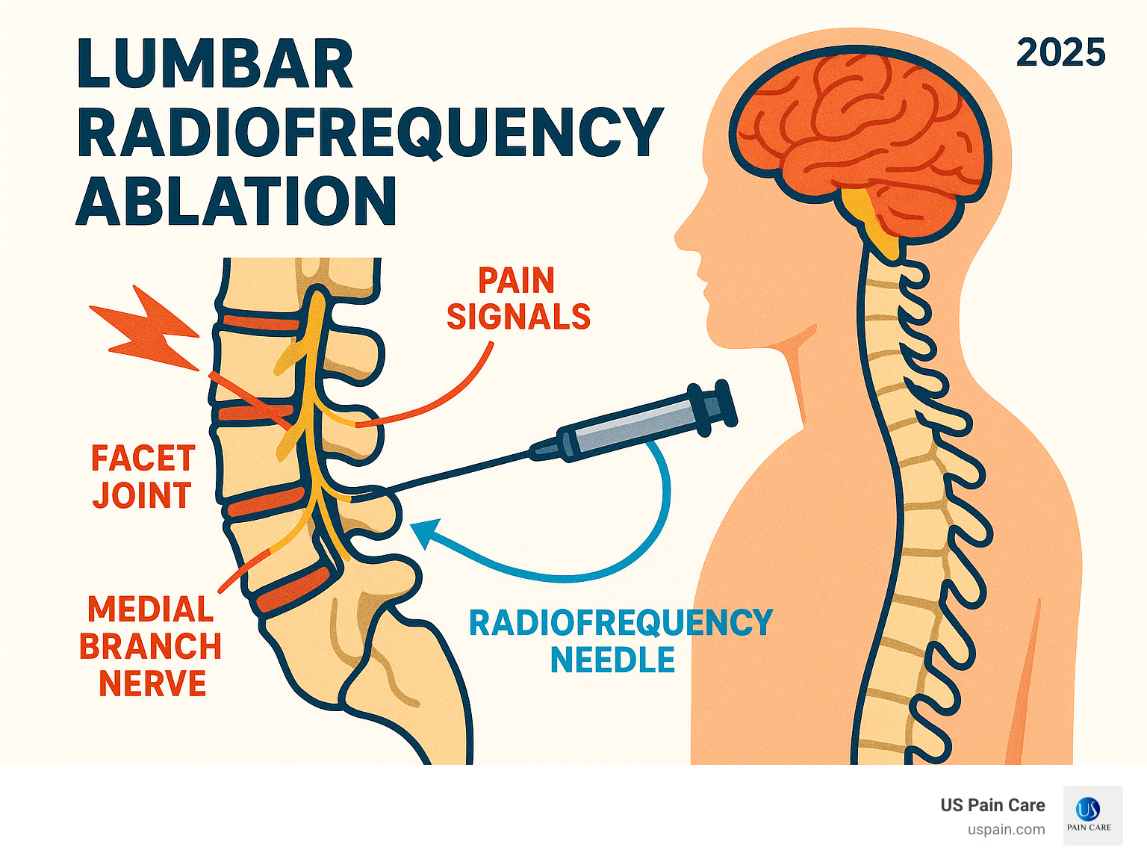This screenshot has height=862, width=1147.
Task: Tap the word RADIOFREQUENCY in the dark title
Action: point(370,133)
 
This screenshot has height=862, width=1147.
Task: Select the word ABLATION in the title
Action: point(236,202)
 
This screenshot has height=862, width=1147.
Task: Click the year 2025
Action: point(1060,53)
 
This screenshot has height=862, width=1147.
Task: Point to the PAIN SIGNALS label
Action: point(518,299)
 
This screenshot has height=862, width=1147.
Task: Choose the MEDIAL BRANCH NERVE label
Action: point(151,646)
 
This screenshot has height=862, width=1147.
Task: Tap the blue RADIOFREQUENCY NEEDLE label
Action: point(620,641)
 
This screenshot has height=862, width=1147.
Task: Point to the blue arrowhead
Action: point(423,532)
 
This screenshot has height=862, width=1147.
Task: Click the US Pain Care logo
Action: point(1092,815)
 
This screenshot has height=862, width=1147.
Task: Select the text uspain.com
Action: point(1006,829)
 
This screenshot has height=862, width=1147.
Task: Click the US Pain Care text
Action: point(992,805)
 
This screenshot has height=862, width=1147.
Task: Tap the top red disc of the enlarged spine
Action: point(258,323)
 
